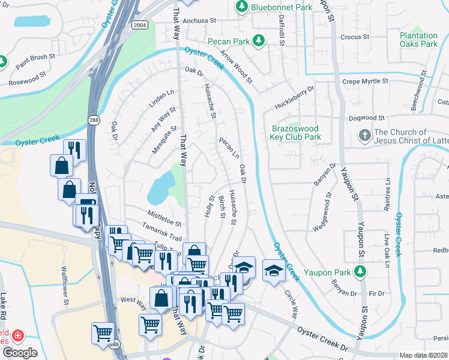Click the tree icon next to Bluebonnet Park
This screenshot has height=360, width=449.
point(241,7)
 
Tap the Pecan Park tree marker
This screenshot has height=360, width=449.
point(259,41)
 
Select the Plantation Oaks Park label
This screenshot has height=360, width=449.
point(419,40)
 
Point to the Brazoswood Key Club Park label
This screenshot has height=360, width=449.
point(296,133)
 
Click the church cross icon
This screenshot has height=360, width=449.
point(364,136)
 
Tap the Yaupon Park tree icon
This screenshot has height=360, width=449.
point(360,272)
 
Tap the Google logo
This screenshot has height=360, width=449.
point(20,353)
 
